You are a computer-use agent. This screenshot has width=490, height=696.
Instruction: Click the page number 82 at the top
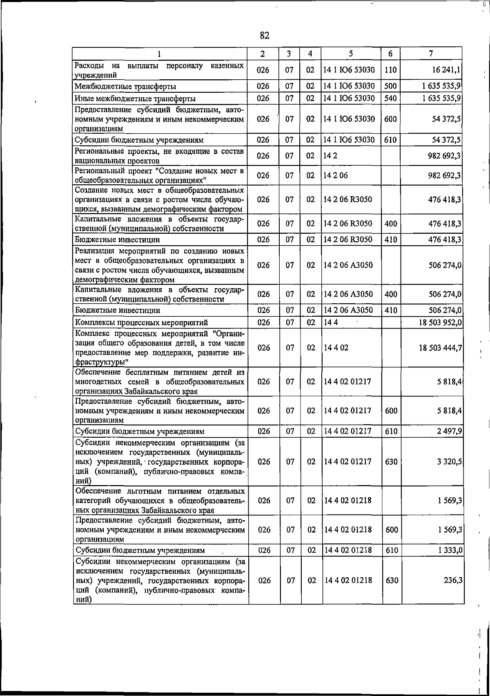265,36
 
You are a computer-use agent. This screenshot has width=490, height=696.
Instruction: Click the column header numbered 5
351,54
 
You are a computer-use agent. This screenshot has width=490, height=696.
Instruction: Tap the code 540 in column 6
390,98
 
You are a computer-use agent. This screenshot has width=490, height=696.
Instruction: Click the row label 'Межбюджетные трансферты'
125,87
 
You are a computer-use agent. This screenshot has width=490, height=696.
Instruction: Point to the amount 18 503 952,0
440,322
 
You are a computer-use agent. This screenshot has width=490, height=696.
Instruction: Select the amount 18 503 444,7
440,348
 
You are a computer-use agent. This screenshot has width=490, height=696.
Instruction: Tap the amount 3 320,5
449,461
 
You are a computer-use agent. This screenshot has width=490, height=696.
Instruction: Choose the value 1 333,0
450,551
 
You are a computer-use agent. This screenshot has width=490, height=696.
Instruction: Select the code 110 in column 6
390,70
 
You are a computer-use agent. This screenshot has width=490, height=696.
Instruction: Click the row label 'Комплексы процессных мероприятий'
141,323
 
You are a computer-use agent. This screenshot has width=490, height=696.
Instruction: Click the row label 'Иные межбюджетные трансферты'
135,99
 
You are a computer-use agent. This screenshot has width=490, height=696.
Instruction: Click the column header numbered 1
160,54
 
